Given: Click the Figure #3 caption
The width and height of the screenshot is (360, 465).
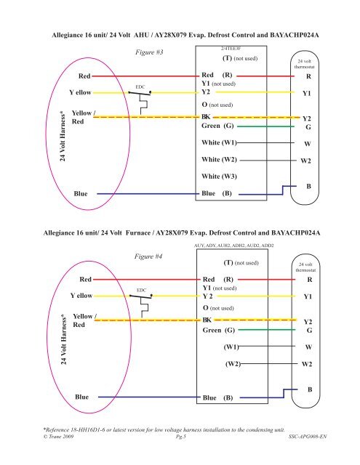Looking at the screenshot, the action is click(x=149, y=52).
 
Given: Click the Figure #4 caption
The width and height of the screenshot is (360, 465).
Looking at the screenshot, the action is click(x=148, y=256).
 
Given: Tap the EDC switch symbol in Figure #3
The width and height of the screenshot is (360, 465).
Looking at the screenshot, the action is click(x=140, y=102).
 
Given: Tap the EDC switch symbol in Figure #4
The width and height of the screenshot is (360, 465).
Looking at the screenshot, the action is click(x=142, y=306).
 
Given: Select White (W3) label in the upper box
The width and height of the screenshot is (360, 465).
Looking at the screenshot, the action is click(x=219, y=177).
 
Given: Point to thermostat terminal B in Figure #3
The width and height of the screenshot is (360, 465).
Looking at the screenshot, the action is click(x=308, y=186).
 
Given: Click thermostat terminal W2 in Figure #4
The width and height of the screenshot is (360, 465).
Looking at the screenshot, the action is click(x=307, y=364).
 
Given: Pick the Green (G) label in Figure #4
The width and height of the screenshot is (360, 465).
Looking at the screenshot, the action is click(x=219, y=330).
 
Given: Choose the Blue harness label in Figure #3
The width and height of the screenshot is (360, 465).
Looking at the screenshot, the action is click(x=81, y=194).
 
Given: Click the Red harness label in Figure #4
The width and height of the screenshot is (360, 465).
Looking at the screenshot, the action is click(x=86, y=279).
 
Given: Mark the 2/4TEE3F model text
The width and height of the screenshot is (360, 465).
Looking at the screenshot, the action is click(x=231, y=49).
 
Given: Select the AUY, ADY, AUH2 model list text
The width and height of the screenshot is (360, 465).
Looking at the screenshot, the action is click(x=234, y=246).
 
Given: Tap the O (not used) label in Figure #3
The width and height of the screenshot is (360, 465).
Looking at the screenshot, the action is click(x=217, y=105).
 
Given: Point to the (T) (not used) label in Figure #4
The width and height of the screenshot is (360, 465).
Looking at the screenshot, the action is click(x=241, y=263).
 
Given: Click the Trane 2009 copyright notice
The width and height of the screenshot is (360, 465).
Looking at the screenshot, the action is click(x=58, y=436).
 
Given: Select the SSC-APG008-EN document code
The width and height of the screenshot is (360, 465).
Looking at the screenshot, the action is click(x=308, y=436).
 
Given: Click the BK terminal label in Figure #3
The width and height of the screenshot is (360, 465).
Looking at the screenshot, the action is click(x=206, y=117).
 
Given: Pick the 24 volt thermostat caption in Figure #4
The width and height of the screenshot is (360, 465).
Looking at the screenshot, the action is click(x=305, y=267).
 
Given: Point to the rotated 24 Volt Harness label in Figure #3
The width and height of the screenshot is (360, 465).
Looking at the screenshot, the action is click(x=63, y=136).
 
